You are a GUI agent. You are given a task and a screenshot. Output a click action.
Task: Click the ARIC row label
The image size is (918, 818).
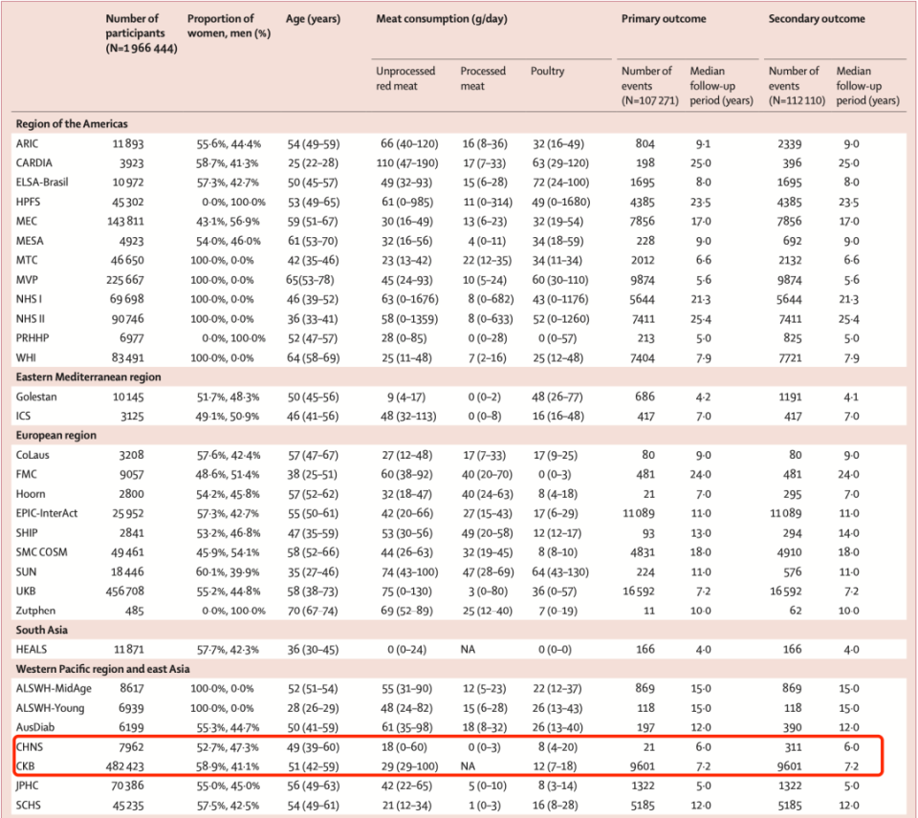click(28, 143)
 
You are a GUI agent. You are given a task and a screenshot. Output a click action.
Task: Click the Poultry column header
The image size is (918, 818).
click(547, 71)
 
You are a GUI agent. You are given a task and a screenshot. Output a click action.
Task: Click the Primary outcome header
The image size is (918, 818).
click(665, 19)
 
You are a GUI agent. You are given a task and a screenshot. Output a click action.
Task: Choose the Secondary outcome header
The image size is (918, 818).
click(817, 19)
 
